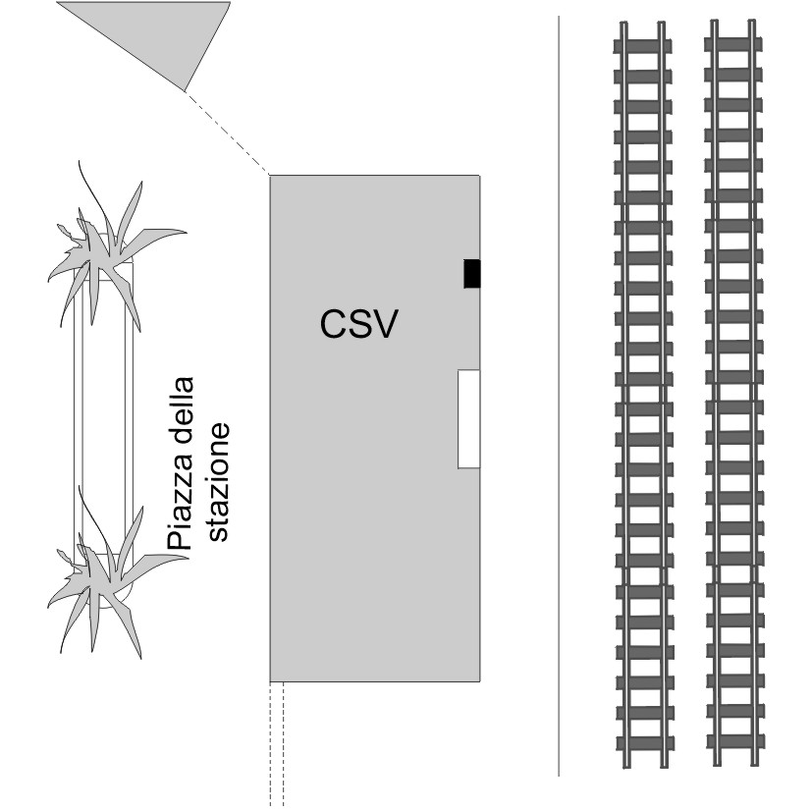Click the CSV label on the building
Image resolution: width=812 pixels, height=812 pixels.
pyautogui.click(x=359, y=323)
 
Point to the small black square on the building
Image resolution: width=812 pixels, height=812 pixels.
pyautogui.click(x=472, y=274)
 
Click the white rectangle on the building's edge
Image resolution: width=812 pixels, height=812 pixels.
pyautogui.click(x=468, y=419)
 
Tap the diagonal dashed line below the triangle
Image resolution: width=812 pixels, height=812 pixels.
pyautogui.click(x=226, y=132)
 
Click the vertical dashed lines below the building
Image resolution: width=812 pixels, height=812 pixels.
pyautogui.click(x=277, y=741)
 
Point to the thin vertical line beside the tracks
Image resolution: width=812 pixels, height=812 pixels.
pyautogui.click(x=559, y=393)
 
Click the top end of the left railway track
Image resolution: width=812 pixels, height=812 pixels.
pyautogui.click(x=642, y=29)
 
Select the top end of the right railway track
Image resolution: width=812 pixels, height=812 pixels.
pyautogui.click(x=733, y=29)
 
